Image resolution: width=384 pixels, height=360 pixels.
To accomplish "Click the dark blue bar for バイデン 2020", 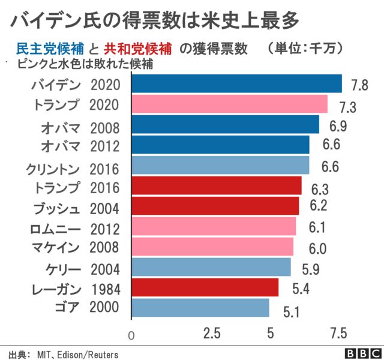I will (236, 83).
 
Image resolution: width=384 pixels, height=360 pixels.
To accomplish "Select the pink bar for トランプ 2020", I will (229, 104).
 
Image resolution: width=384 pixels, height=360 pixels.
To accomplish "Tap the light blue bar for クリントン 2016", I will (220, 165).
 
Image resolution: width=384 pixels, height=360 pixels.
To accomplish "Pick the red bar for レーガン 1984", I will (204, 287).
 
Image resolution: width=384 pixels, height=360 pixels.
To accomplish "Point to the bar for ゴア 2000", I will (199, 308).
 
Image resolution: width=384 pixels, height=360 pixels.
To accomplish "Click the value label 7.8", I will (360, 85).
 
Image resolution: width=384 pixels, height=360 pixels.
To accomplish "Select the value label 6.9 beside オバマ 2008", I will (338, 126).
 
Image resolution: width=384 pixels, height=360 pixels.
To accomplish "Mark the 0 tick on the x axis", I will (132, 335).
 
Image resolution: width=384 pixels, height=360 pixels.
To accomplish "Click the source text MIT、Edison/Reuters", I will (77, 353).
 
